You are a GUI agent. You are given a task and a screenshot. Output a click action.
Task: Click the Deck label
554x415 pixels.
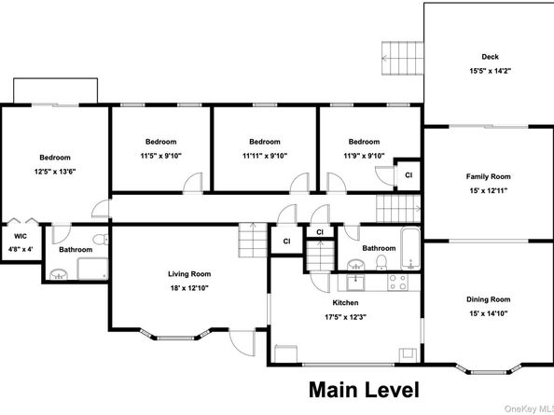click(x=490, y=57)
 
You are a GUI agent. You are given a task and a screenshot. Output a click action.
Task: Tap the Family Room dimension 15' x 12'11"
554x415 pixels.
click(x=489, y=191)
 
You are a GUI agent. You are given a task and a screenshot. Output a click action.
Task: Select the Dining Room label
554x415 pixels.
click(x=489, y=299)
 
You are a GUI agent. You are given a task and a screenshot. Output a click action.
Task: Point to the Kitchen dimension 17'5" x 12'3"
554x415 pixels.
click(x=345, y=317)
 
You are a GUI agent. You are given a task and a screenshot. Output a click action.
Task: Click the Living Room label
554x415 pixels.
click(x=189, y=274)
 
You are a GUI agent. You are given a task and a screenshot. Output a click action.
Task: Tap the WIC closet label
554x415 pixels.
click(x=21, y=236)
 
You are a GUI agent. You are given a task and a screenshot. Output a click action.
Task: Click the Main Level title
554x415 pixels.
click(x=365, y=390)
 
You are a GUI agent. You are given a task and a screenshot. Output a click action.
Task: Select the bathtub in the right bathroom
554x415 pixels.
click(x=410, y=248)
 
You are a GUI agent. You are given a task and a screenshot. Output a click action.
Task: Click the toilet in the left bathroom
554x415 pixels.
click(x=102, y=239)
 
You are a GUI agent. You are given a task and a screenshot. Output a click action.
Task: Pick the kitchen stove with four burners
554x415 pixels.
click(x=398, y=283)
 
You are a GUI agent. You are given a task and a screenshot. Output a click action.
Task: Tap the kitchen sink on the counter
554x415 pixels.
click(x=355, y=283)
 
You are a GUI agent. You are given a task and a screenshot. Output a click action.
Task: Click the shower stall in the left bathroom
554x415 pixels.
click(x=92, y=269)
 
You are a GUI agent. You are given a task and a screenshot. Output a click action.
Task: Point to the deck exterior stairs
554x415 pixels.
click(x=402, y=58)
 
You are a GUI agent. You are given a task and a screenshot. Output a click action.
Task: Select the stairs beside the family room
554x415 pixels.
click(x=398, y=209)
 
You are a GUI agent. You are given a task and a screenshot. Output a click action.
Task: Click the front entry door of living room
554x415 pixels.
click(x=242, y=343)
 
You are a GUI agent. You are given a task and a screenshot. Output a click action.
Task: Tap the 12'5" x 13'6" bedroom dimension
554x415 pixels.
click(x=55, y=172)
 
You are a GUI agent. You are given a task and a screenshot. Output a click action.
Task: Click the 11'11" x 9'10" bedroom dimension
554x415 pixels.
click(x=265, y=156)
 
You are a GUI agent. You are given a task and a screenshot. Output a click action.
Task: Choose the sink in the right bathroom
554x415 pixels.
click(x=357, y=265)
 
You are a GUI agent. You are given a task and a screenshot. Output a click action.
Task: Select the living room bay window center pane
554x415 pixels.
click(x=175, y=338)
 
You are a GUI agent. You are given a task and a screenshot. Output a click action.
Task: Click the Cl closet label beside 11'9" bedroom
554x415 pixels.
click(x=409, y=175)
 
